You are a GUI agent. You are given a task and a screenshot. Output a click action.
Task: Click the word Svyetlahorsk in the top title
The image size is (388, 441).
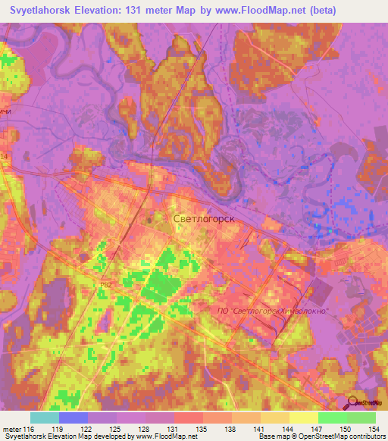pos(50,11)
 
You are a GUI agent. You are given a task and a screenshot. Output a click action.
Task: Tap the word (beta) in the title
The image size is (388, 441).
pos(334,11)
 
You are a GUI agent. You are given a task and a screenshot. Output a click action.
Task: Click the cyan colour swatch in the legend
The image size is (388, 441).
pos(45,418)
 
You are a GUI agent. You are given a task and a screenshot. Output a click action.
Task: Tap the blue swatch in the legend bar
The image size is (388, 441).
pos(74,418)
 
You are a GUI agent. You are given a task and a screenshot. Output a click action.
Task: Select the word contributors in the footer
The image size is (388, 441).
pos(361,436)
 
